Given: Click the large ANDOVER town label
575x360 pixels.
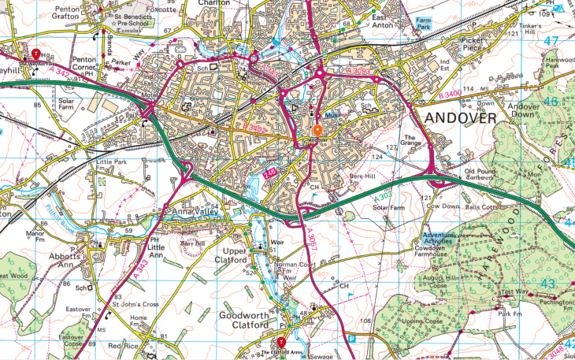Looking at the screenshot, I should [x=461, y=118].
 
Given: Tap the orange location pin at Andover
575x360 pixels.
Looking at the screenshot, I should [x=317, y=131].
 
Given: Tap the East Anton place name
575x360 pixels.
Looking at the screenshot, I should [x=382, y=21].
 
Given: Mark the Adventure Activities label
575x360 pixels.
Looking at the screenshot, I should [x=445, y=239].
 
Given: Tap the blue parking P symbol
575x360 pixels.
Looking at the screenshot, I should [x=353, y=337].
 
